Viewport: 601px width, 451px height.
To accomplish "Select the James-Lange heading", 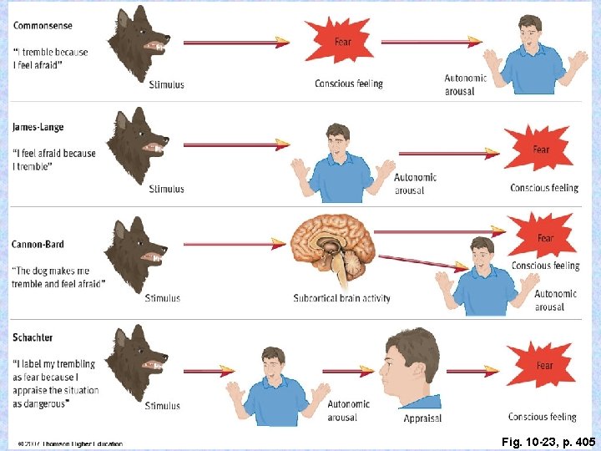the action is (x=38, y=127).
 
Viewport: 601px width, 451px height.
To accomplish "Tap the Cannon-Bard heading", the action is (x=38, y=245).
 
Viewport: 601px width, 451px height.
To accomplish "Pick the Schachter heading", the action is (x=33, y=337).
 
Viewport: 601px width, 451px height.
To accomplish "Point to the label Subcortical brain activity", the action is (x=341, y=298).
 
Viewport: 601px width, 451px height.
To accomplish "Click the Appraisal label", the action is (x=422, y=418).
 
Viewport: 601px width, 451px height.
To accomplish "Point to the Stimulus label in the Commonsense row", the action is (x=166, y=84).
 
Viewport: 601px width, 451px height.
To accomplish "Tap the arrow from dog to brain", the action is (x=235, y=244).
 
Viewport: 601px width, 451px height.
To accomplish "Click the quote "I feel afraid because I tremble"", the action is (x=54, y=159).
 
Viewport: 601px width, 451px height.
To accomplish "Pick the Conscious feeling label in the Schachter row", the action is (x=542, y=416).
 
